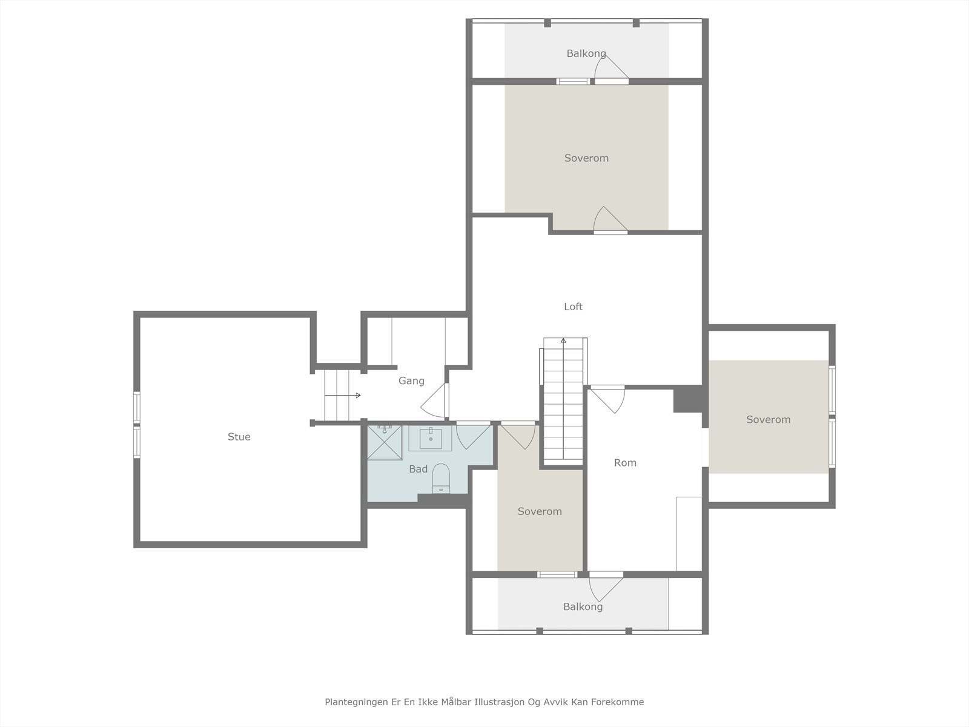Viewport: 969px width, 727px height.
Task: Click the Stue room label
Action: tap(239, 437)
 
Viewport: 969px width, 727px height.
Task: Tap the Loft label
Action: tap(573, 307)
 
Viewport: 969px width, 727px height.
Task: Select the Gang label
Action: tap(411, 381)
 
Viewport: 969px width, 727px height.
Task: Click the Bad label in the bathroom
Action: tap(418, 469)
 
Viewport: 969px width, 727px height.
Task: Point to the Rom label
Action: tap(625, 463)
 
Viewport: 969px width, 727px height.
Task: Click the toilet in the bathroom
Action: tap(440, 478)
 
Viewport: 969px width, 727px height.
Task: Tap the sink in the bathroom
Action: tap(431, 438)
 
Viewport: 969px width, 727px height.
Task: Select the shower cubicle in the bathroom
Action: tap(385, 442)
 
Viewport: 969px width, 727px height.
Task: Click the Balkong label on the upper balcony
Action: tap(586, 53)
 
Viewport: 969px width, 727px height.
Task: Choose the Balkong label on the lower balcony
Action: tap(583, 606)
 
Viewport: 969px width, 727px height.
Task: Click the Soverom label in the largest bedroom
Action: tap(586, 158)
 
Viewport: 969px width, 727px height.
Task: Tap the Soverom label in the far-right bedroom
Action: tap(768, 419)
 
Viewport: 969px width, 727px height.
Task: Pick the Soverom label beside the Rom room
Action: tap(540, 511)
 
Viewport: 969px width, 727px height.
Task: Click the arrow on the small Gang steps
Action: tap(343, 395)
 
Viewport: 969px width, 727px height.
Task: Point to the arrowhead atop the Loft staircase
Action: tap(563, 340)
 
